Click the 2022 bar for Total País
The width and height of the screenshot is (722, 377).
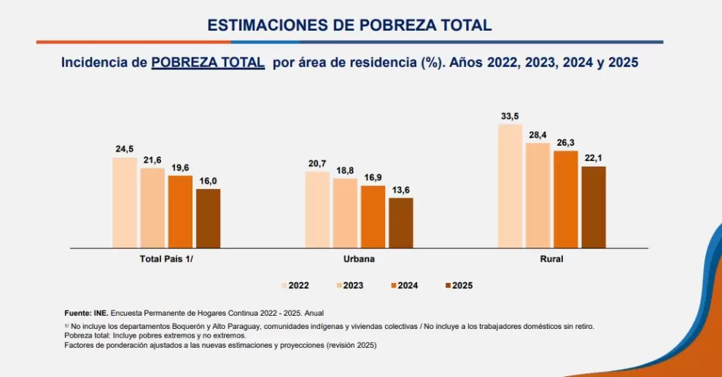125,203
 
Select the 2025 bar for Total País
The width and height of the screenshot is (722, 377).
208,219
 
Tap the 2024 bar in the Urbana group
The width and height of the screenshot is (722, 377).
373,217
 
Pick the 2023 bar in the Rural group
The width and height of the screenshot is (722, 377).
537,195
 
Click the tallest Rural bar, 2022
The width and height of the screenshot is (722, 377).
511,187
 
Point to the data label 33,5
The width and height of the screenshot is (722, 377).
511,117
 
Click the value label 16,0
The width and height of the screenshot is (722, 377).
208,181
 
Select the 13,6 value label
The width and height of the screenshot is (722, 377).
400,190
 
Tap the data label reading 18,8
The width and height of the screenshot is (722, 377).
346,171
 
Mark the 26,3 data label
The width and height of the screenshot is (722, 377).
565,143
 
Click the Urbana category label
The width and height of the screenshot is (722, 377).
359,259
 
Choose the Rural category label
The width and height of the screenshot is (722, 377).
551,259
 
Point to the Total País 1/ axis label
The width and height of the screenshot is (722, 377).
166,259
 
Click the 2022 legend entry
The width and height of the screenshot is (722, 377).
295,286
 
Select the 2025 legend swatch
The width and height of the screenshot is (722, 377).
448,286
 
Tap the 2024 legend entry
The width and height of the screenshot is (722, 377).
404,286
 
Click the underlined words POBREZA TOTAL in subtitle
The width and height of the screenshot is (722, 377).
208,63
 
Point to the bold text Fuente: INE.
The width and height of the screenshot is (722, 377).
87,314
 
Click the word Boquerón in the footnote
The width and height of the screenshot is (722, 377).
190,327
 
